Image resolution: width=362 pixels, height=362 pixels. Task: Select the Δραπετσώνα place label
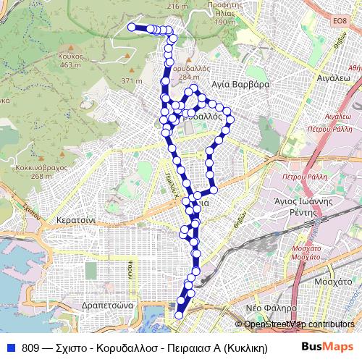[106, 306]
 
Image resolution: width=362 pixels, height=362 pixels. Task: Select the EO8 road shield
[339, 22]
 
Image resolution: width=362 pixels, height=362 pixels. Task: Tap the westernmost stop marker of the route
[132, 27]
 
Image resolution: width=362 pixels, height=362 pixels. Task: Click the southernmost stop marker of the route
[179, 315]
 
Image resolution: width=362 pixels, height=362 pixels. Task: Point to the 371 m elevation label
[132, 80]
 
